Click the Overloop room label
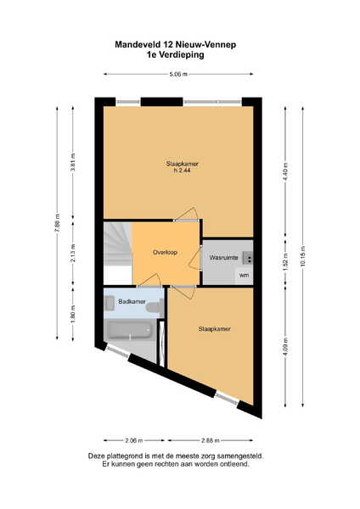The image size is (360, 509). [x=165, y=252]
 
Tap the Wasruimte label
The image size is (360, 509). [x=223, y=258]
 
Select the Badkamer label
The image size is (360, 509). [x=132, y=301]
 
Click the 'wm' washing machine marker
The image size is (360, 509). [x=244, y=275]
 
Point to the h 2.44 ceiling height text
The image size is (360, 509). [x=182, y=171]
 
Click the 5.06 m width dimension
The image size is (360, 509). [x=178, y=74]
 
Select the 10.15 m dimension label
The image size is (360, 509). [x=303, y=256]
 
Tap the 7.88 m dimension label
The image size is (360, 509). [x=58, y=223]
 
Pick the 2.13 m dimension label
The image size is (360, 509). [x=73, y=253]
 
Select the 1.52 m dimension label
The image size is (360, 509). [x=285, y=262]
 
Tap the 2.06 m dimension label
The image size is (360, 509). [x=134, y=440]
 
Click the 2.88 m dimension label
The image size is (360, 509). [x=211, y=440]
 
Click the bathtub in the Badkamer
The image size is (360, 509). [x=130, y=331]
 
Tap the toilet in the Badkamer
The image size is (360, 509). [x=155, y=306]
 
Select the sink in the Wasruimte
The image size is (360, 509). [x=248, y=257]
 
